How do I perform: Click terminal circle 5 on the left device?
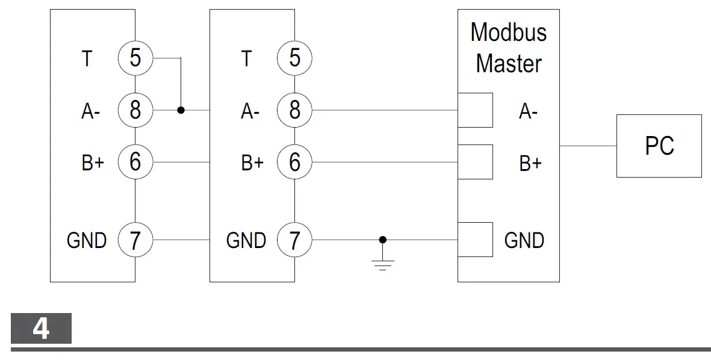135,58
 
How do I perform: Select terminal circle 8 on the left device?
135,111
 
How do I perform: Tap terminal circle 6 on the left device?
135,162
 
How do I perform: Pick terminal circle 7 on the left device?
135,240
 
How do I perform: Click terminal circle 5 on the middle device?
294,58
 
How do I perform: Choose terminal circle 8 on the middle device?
294,111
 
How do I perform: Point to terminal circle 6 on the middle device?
294,162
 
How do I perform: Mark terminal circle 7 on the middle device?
294,240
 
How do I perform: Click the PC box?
659,146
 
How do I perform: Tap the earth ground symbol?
382,263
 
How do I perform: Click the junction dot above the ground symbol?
382,240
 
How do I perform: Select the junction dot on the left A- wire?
181,111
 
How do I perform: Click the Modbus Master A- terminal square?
475,110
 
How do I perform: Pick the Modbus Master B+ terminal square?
475,162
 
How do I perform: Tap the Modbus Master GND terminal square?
475,240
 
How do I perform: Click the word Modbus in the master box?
508,33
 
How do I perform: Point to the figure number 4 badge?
41,328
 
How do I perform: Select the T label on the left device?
87,59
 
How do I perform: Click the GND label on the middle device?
246,241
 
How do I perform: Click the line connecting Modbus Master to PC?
588,146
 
